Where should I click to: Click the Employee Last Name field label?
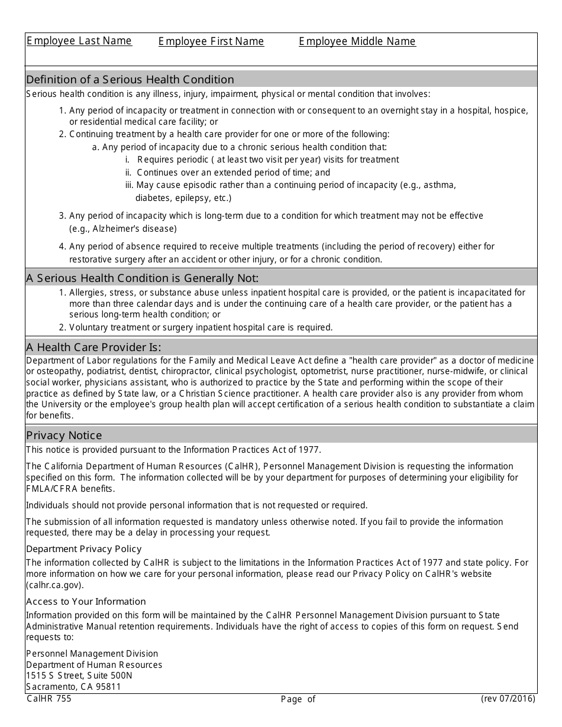(x=79, y=41)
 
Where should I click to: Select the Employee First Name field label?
(x=211, y=41)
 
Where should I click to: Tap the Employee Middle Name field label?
(x=357, y=41)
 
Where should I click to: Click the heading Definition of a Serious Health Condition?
(x=130, y=79)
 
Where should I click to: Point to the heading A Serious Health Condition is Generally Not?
(x=143, y=278)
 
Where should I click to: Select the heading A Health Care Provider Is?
(x=93, y=347)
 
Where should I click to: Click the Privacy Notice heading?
(x=64, y=435)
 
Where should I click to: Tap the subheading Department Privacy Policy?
(x=84, y=549)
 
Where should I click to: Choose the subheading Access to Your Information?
(x=86, y=601)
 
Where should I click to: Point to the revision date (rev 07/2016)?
(x=508, y=699)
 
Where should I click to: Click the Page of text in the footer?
(x=298, y=699)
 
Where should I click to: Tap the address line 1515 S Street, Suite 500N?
(x=79, y=675)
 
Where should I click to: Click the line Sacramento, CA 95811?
(x=73, y=686)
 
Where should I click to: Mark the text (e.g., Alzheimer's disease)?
(x=123, y=229)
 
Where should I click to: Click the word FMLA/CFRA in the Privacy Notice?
(x=50, y=488)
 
